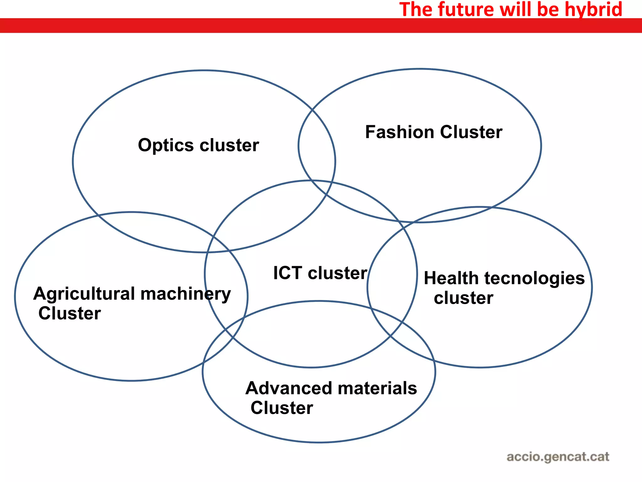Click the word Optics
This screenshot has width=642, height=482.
[x=166, y=146]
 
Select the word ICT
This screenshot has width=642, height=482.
[x=287, y=273]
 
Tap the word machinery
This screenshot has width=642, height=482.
[x=186, y=294]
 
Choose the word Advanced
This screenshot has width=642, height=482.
[x=289, y=388]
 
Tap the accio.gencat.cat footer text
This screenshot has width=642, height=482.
[x=558, y=457]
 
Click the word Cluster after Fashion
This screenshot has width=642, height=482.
[x=471, y=132]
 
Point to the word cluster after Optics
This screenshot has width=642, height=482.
[x=229, y=146]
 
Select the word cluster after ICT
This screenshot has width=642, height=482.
[x=337, y=273]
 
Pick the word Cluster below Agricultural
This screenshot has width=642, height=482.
[x=70, y=313]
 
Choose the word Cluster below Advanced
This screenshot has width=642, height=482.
[x=282, y=408]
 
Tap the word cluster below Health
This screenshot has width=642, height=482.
[x=463, y=298]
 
